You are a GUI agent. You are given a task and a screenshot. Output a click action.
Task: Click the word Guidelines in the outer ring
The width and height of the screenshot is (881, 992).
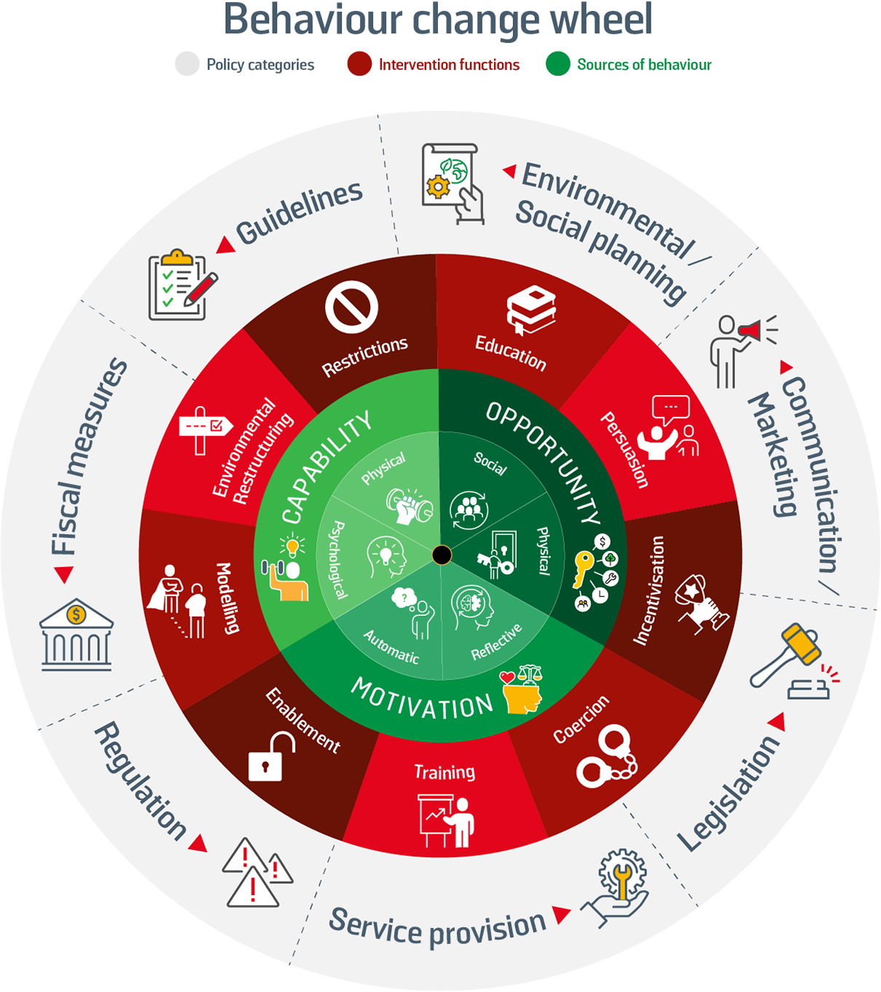pos(299,213)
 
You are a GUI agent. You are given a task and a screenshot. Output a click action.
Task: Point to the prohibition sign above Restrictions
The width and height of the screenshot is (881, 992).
pos(351,308)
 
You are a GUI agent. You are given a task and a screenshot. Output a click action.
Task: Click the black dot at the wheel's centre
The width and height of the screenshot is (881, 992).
pos(442,555)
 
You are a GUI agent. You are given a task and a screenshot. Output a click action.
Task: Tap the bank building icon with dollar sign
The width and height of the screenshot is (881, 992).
pos(76,635)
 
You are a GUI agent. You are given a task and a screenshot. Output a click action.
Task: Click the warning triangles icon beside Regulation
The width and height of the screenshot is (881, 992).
pos(256,872)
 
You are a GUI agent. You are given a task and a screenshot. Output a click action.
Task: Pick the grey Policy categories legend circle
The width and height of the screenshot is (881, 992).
pos(187,64)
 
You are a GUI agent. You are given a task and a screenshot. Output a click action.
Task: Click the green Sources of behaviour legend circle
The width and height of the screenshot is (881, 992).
pos(557,64)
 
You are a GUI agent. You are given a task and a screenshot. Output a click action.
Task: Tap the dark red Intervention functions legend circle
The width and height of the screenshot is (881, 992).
pos(359,64)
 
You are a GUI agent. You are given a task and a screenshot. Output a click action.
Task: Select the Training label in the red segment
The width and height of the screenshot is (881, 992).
pos(445,772)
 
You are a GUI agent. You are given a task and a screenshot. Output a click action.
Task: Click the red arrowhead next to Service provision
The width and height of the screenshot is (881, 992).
pos(560,915)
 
